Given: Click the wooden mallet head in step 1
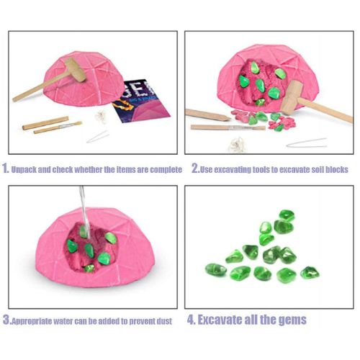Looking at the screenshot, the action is coord(76,70).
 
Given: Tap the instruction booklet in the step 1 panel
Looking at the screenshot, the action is coord(141,102).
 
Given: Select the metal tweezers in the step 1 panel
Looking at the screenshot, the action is coord(98,137).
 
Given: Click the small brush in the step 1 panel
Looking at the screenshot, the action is coord(58,127).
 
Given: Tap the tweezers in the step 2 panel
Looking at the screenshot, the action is coord(307,143).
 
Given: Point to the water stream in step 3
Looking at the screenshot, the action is coord(85,211).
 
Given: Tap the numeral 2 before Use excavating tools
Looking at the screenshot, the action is coord(195,168).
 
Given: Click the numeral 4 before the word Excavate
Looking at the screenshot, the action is coord(191,320).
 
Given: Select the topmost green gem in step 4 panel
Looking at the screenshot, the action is coord(287,215).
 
